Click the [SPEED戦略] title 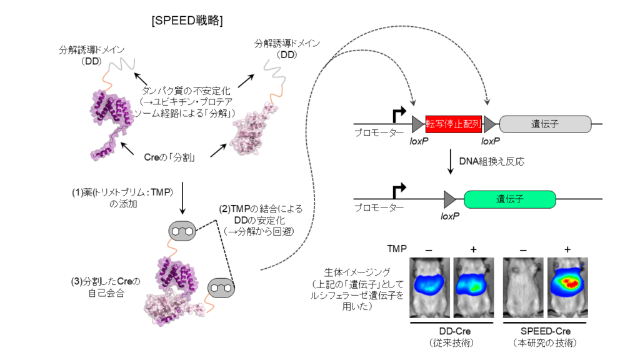[187, 20]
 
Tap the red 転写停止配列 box [453, 124]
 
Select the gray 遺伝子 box [545, 124]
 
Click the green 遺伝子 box [509, 199]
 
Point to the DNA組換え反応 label [491, 161]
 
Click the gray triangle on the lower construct [449, 199]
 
